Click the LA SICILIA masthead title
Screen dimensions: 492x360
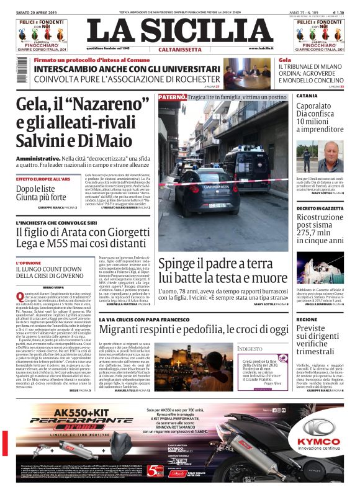pos(179,30)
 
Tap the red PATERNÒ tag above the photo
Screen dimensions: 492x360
pos(172,97)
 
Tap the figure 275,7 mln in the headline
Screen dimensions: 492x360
pos(312,229)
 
